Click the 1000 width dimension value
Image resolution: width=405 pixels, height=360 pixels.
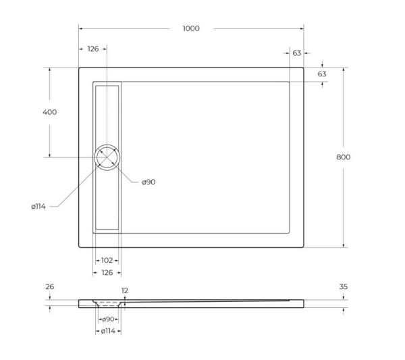(x=191, y=28)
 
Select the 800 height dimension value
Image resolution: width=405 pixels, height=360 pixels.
(x=344, y=157)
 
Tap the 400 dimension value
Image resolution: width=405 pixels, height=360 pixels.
(x=49, y=112)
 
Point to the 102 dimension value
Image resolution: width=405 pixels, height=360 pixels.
(x=107, y=260)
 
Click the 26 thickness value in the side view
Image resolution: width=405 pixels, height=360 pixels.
(x=49, y=287)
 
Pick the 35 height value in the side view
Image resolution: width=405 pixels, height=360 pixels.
(x=343, y=287)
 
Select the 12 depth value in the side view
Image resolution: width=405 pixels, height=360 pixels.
(x=125, y=290)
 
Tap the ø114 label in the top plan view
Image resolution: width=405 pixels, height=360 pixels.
(x=38, y=207)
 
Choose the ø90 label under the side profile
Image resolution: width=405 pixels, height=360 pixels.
(x=107, y=319)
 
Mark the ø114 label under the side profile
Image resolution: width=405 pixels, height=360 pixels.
(x=107, y=331)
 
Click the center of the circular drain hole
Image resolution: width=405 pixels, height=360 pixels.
(x=107, y=157)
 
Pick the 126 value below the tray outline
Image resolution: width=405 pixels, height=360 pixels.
(x=107, y=273)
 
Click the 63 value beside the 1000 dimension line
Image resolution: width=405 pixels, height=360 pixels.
(x=297, y=53)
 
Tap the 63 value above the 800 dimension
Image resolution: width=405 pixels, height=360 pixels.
(x=322, y=74)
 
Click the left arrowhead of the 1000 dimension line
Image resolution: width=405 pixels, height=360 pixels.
(x=81, y=28)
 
